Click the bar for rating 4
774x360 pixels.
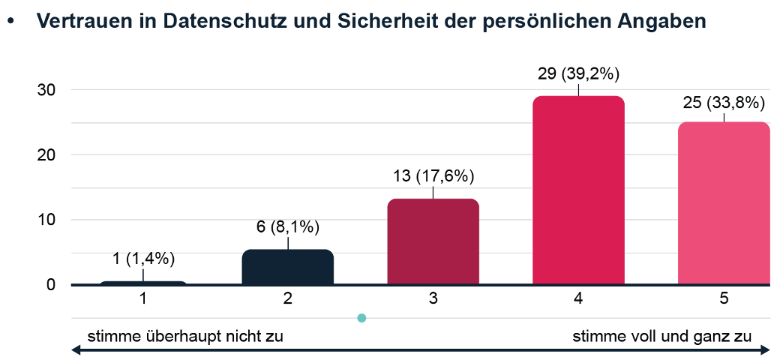578,190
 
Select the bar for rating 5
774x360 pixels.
724,203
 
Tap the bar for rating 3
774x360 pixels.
433,241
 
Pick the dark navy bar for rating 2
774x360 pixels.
287,267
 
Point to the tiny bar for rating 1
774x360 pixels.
142,283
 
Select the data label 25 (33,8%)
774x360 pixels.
724,102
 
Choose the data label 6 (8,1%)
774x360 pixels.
288,227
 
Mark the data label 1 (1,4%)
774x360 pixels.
142,259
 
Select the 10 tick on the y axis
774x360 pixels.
46,220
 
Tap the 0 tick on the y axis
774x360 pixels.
51,285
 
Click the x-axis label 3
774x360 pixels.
433,299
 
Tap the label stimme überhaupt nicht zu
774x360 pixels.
186,335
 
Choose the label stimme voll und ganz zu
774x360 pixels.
662,335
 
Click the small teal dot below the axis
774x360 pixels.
361,318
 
